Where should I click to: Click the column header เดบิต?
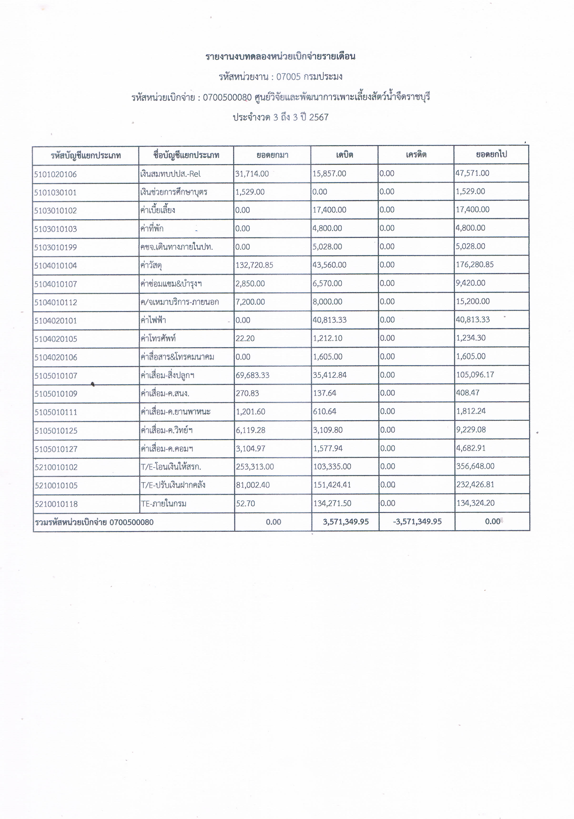pyautogui.click(x=344, y=155)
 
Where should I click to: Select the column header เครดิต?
pyautogui.click(x=416, y=155)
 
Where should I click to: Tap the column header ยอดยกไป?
pyautogui.click(x=491, y=154)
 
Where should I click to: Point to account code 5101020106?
pyautogui.click(x=55, y=174)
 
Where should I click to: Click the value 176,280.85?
pyautogui.click(x=475, y=265)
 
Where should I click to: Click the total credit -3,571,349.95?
pyautogui.click(x=417, y=522)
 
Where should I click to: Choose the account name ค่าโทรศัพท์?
pyautogui.click(x=158, y=338)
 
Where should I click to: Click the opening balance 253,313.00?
pyautogui.click(x=254, y=466)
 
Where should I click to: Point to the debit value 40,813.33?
pyautogui.click(x=330, y=320)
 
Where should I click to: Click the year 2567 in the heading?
pyautogui.click(x=319, y=117)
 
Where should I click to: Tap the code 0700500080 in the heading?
pyautogui.click(x=227, y=97)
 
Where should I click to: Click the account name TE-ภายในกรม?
pyautogui.click(x=164, y=504)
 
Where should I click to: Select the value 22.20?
pyautogui.click(x=245, y=338)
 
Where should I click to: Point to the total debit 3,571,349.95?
pyautogui.click(x=345, y=522)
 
